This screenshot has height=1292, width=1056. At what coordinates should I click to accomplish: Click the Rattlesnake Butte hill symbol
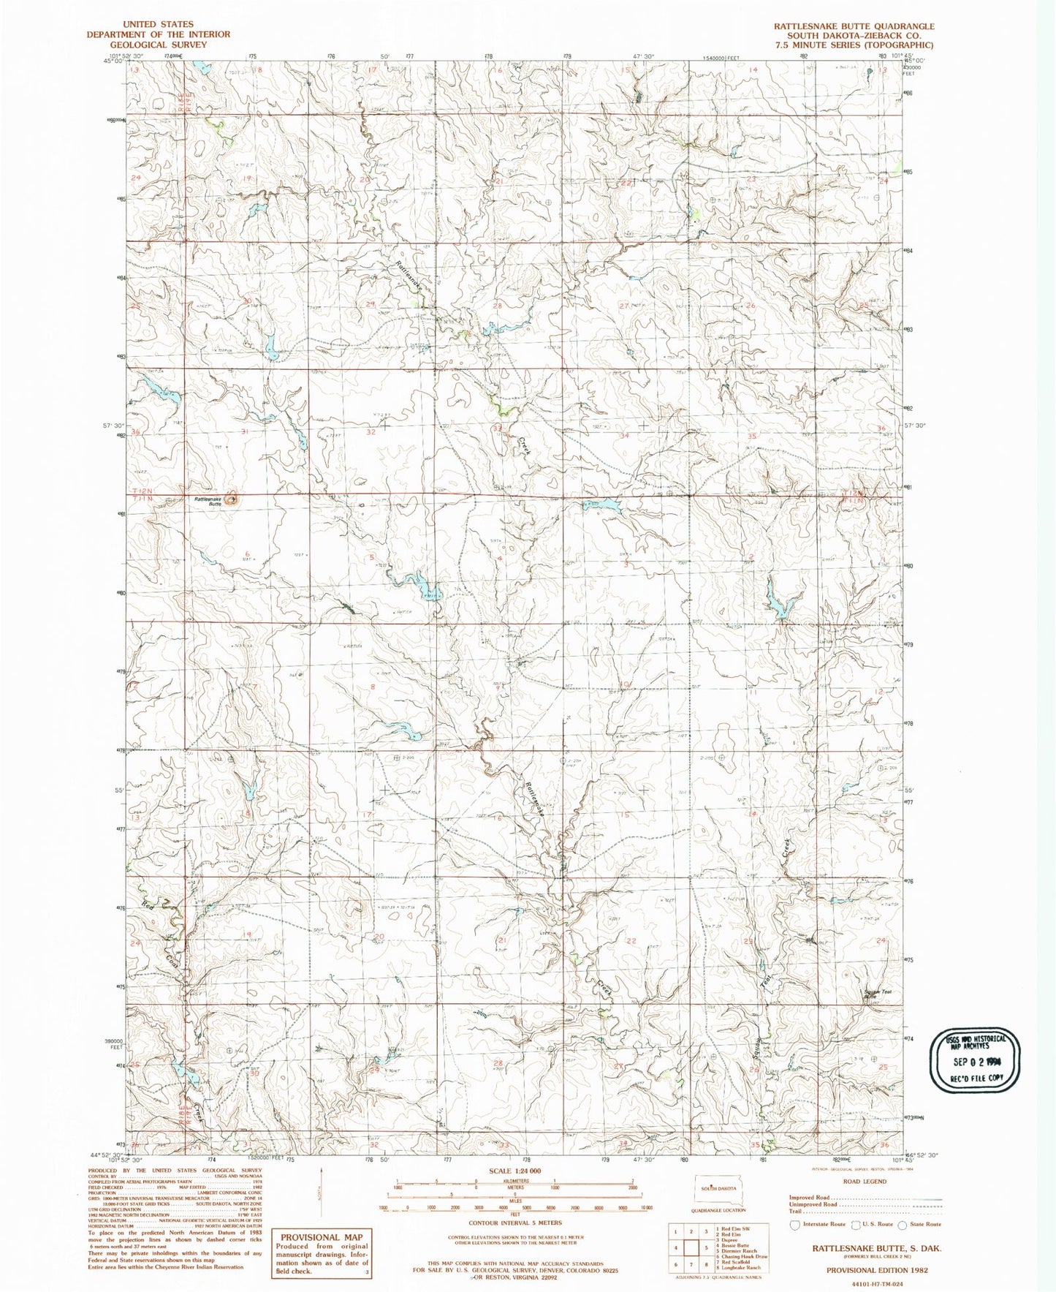tap(232, 499)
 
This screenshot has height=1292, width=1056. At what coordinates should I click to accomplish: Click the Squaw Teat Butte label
tap(878, 994)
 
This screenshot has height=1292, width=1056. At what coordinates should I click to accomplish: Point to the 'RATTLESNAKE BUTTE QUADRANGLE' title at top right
tap(854, 26)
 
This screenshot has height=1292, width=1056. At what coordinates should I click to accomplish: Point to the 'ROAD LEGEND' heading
tap(865, 1181)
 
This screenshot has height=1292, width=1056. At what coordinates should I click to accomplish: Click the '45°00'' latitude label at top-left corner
tap(113, 62)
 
